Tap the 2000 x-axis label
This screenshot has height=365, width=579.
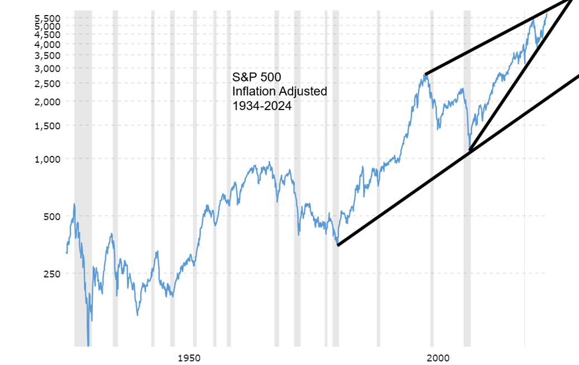[435, 357]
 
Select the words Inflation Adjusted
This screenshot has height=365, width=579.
[279, 91]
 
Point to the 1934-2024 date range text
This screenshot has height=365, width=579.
[261, 105]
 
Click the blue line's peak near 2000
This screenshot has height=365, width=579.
[425, 74]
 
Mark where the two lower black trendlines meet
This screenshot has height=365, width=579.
[469, 151]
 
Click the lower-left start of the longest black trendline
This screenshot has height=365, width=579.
[337, 245]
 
